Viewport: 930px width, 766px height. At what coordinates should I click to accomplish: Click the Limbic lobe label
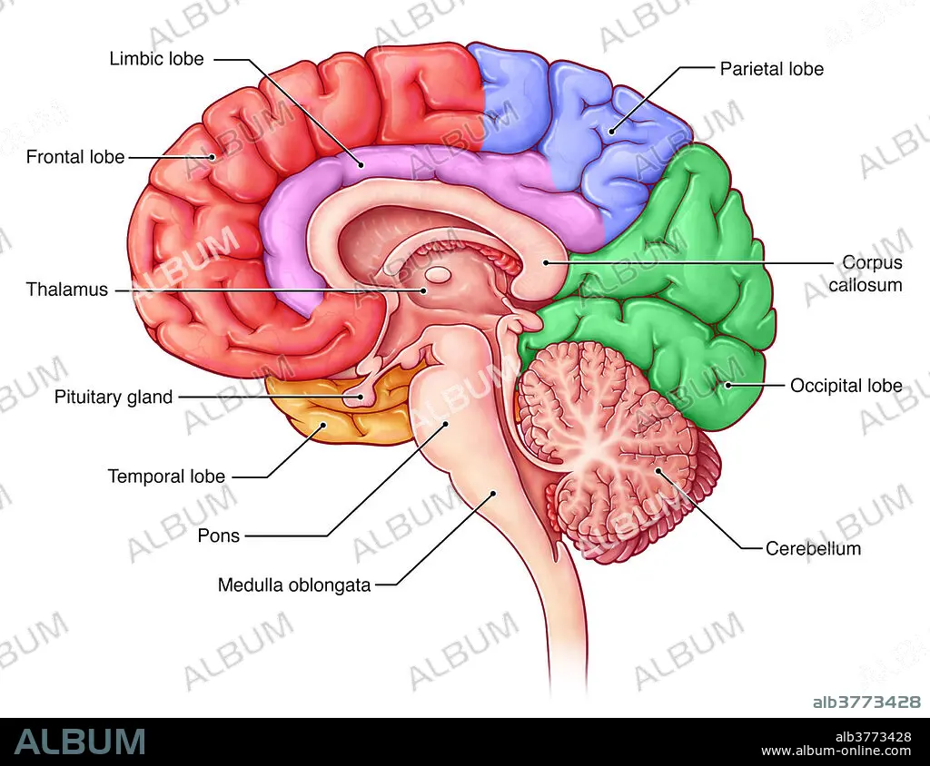(156, 59)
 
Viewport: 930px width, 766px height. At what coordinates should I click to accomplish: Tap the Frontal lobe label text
(75, 157)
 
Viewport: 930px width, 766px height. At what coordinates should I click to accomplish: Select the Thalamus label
(67, 290)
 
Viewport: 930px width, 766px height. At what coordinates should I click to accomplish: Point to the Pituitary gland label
(114, 397)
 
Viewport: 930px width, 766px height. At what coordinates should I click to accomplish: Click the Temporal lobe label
(166, 476)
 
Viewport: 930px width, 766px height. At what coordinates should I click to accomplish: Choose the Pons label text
(218, 535)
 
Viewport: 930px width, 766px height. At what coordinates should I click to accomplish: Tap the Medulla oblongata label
(294, 585)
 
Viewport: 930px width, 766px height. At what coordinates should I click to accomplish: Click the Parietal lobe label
(772, 69)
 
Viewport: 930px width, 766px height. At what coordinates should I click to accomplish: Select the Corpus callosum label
(866, 273)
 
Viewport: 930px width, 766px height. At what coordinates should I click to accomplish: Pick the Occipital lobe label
(846, 386)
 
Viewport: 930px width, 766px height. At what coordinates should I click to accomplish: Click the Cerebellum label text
(813, 548)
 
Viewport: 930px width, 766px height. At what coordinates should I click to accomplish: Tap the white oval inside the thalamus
(439, 274)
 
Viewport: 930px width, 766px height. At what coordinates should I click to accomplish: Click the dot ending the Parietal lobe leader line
(611, 131)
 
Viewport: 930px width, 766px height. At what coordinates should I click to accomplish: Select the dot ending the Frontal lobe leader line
(212, 157)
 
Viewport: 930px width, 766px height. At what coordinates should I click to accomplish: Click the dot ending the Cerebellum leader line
(658, 470)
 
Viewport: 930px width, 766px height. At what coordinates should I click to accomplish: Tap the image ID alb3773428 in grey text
(866, 702)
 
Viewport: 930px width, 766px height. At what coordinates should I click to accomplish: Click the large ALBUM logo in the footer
(80, 741)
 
